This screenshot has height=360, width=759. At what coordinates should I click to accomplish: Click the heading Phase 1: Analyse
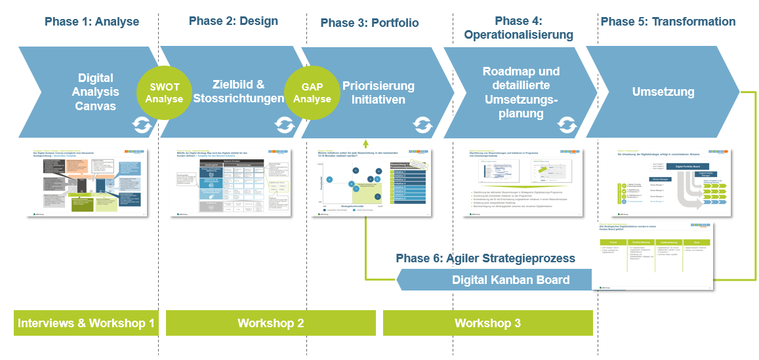point(92,22)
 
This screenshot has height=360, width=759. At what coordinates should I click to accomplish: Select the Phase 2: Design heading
point(233,21)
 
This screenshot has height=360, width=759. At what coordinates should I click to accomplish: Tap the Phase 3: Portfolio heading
point(369,23)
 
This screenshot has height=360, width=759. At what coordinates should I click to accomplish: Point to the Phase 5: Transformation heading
point(668,22)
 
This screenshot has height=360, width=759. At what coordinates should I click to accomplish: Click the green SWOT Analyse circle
point(164,93)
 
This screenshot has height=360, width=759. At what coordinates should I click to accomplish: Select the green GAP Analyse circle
point(312,93)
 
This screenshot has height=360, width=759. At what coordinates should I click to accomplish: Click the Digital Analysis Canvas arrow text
point(95,92)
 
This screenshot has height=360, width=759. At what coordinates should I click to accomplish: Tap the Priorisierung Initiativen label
point(379,92)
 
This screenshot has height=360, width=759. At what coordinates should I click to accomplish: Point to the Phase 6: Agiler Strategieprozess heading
point(485,258)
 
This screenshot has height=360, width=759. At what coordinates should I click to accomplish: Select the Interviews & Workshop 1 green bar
point(86,323)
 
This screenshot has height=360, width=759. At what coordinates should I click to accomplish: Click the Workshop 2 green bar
point(270,323)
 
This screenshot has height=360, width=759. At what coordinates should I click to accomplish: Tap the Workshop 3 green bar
point(487,323)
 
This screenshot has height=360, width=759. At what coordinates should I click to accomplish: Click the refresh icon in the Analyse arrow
point(142,124)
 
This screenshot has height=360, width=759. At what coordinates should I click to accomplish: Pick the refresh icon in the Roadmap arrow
point(567,124)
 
